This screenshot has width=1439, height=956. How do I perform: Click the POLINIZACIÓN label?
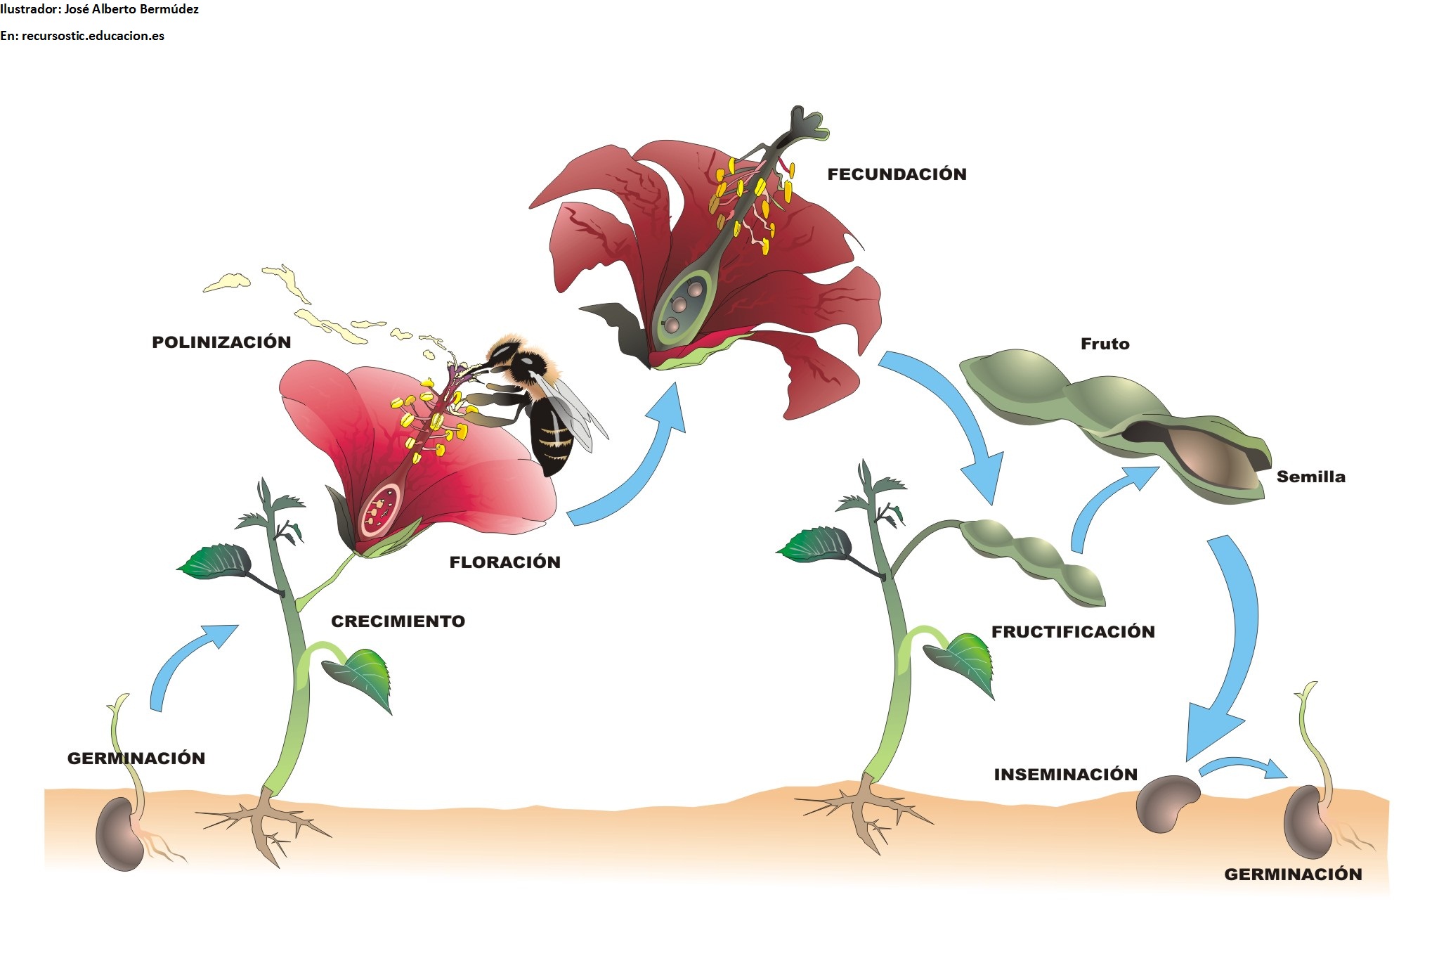coord(221,342)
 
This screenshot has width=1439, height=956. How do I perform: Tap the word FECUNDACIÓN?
coord(897,174)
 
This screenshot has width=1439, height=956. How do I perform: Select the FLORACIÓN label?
coord(504,562)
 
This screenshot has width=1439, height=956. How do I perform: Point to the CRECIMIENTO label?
coord(398,621)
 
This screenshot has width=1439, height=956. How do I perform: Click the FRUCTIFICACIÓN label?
coord(1073,632)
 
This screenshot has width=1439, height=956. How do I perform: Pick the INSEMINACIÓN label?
coord(1065,775)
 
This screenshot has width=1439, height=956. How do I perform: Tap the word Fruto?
coord(1105,344)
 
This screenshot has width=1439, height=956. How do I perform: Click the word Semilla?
coord(1310,477)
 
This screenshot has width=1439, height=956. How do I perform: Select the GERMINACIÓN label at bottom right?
coord(1293,874)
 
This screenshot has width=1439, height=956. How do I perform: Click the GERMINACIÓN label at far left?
coord(136,758)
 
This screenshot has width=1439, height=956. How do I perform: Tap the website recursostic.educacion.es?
coord(93,36)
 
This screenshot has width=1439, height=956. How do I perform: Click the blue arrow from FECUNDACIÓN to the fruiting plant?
coord(956,415)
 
